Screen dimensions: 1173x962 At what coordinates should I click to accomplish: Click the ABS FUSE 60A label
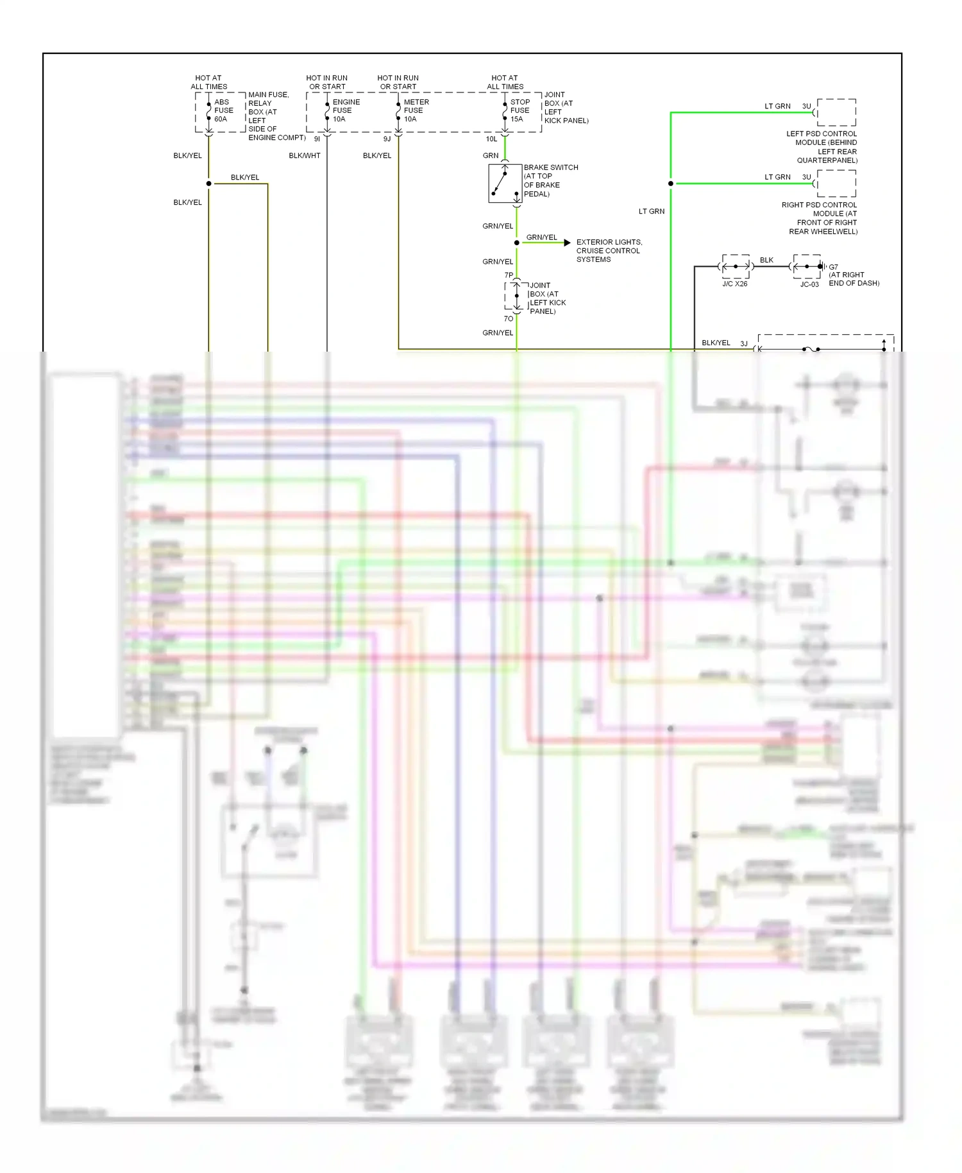click(223, 110)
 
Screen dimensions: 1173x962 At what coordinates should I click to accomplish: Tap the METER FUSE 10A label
click(416, 110)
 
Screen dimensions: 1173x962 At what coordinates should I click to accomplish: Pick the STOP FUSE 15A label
click(519, 110)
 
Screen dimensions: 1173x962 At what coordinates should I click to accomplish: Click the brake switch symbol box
click(505, 184)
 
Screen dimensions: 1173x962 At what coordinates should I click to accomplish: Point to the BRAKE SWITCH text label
click(550, 167)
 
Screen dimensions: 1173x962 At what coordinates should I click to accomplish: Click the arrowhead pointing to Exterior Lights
click(567, 243)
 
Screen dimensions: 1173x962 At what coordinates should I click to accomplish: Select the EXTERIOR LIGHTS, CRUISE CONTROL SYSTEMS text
click(608, 251)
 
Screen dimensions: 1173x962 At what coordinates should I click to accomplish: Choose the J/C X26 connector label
click(734, 284)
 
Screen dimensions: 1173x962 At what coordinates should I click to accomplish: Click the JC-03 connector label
click(809, 284)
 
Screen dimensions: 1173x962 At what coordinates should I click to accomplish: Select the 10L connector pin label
click(491, 139)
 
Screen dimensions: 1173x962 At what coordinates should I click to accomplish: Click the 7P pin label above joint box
click(509, 275)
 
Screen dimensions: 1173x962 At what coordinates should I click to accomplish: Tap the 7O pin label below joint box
click(508, 319)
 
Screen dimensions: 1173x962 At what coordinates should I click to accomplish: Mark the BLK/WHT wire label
click(305, 156)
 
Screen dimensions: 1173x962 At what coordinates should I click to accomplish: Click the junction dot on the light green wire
click(671, 184)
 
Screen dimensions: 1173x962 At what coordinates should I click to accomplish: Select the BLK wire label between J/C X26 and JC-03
click(766, 260)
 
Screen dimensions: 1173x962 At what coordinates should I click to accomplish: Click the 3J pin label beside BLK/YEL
click(744, 344)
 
